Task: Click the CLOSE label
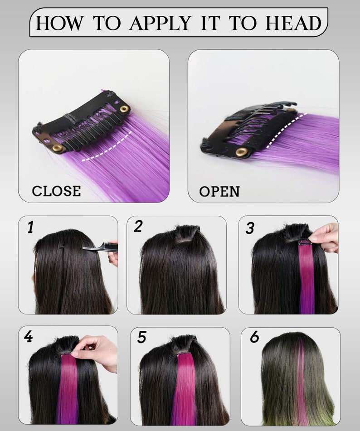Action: (56, 191)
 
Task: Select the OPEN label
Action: (219, 191)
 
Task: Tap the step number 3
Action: (250, 228)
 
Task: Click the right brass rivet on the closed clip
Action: (123, 109)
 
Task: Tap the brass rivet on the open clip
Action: (241, 151)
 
